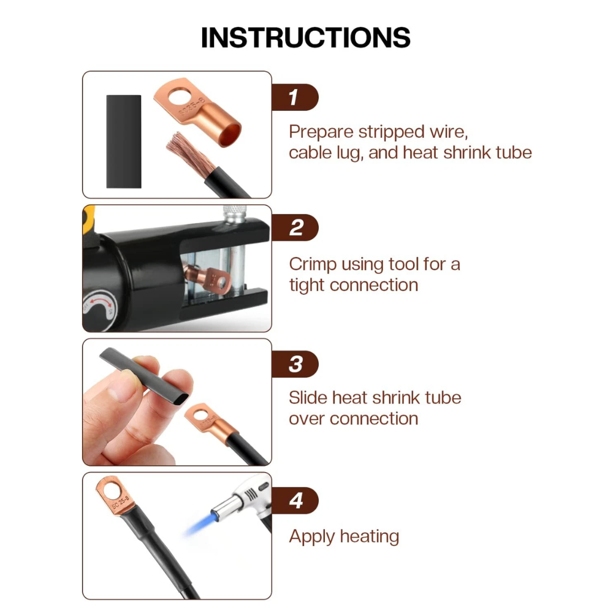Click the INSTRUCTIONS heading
(x=305, y=37)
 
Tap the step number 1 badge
(x=295, y=97)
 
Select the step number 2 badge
(x=295, y=227)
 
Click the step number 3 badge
(x=295, y=364)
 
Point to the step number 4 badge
(x=295, y=500)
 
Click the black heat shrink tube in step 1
(x=124, y=142)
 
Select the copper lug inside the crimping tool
(x=207, y=278)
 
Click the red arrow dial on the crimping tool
(x=99, y=308)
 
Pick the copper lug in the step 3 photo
(x=210, y=422)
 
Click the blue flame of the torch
(x=200, y=524)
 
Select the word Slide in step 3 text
(x=308, y=398)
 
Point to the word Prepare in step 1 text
(x=321, y=132)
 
